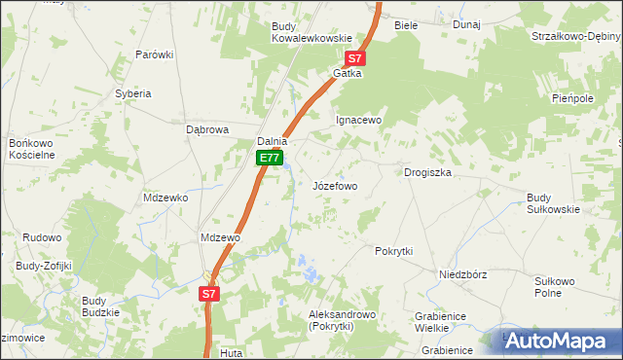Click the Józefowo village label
pos(335,185)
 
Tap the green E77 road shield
pos(270,158)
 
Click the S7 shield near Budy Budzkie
pos(209,292)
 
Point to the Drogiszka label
pos(428,172)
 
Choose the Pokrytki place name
pos(394,250)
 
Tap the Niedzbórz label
pos(462,274)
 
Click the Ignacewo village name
pos(358,120)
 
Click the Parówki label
pos(154,54)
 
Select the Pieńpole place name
pos(572,98)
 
